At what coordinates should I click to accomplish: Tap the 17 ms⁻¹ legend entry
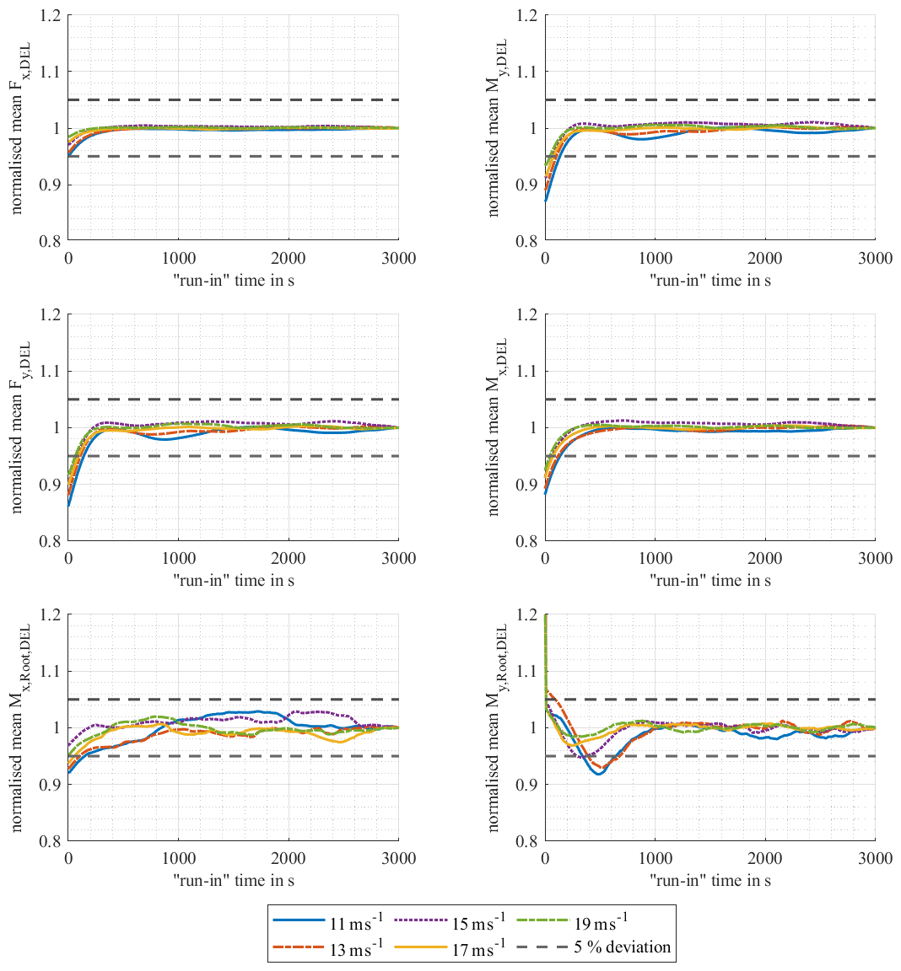pos(450,948)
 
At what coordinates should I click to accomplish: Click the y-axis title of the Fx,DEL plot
pos(18,127)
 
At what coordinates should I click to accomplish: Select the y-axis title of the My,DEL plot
pos(494,127)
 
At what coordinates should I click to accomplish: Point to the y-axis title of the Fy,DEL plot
pos(18,427)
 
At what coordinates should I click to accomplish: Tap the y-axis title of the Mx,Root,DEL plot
pos(18,727)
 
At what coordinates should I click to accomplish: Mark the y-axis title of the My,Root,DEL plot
pos(494,727)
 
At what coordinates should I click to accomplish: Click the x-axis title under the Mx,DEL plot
pos(710,580)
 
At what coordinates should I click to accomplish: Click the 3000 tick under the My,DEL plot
pos(874,258)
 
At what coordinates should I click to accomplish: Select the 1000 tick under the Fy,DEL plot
pos(178,558)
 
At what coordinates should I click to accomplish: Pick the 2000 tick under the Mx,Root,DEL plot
pos(289,858)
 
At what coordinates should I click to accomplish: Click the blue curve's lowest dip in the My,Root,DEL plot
pos(599,773)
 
